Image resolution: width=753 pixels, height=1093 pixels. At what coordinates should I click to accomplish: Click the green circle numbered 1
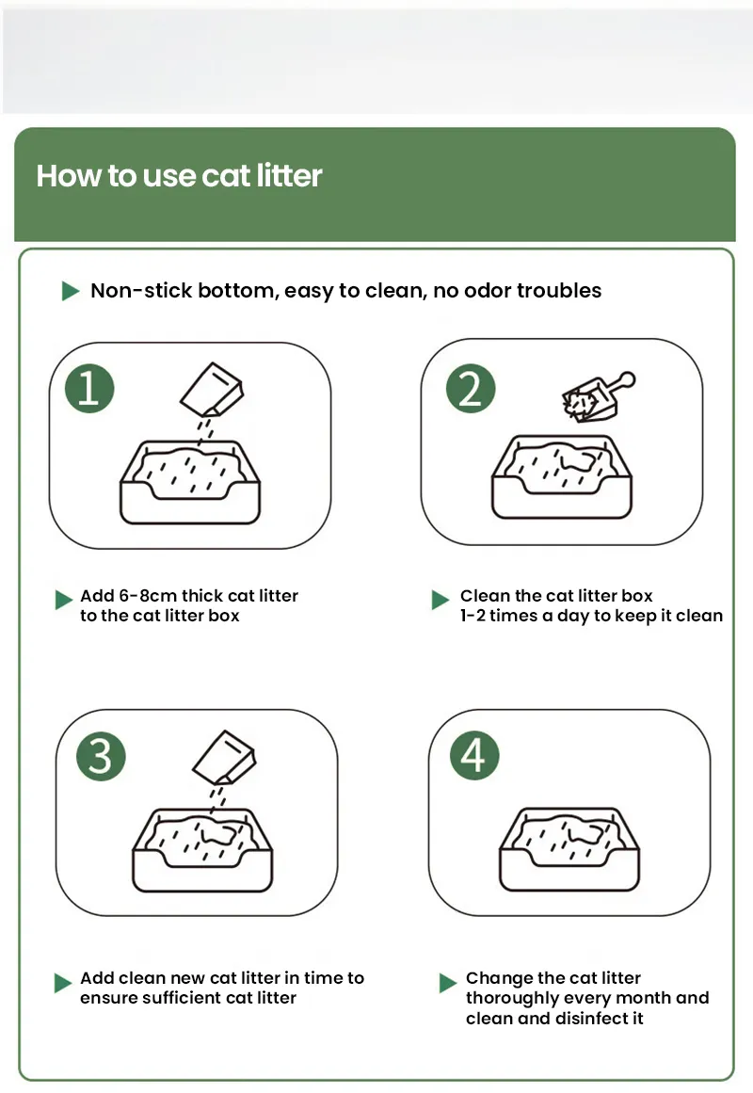pos(88,389)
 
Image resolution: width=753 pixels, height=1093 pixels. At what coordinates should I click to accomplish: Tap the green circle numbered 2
pos(471,389)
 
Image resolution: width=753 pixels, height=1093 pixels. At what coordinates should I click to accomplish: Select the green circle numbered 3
pos(100,757)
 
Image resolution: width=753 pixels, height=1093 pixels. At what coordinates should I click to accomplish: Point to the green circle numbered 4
pos(474,756)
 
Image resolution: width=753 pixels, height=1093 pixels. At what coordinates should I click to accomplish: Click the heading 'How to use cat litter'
pos(179,176)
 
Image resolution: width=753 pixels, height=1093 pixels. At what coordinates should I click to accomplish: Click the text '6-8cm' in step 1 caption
pos(148,596)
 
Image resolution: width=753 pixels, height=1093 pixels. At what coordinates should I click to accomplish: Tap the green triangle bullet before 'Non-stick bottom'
pos(71,291)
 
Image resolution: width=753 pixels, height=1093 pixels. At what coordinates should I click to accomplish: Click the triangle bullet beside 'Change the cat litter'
pos(448,983)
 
